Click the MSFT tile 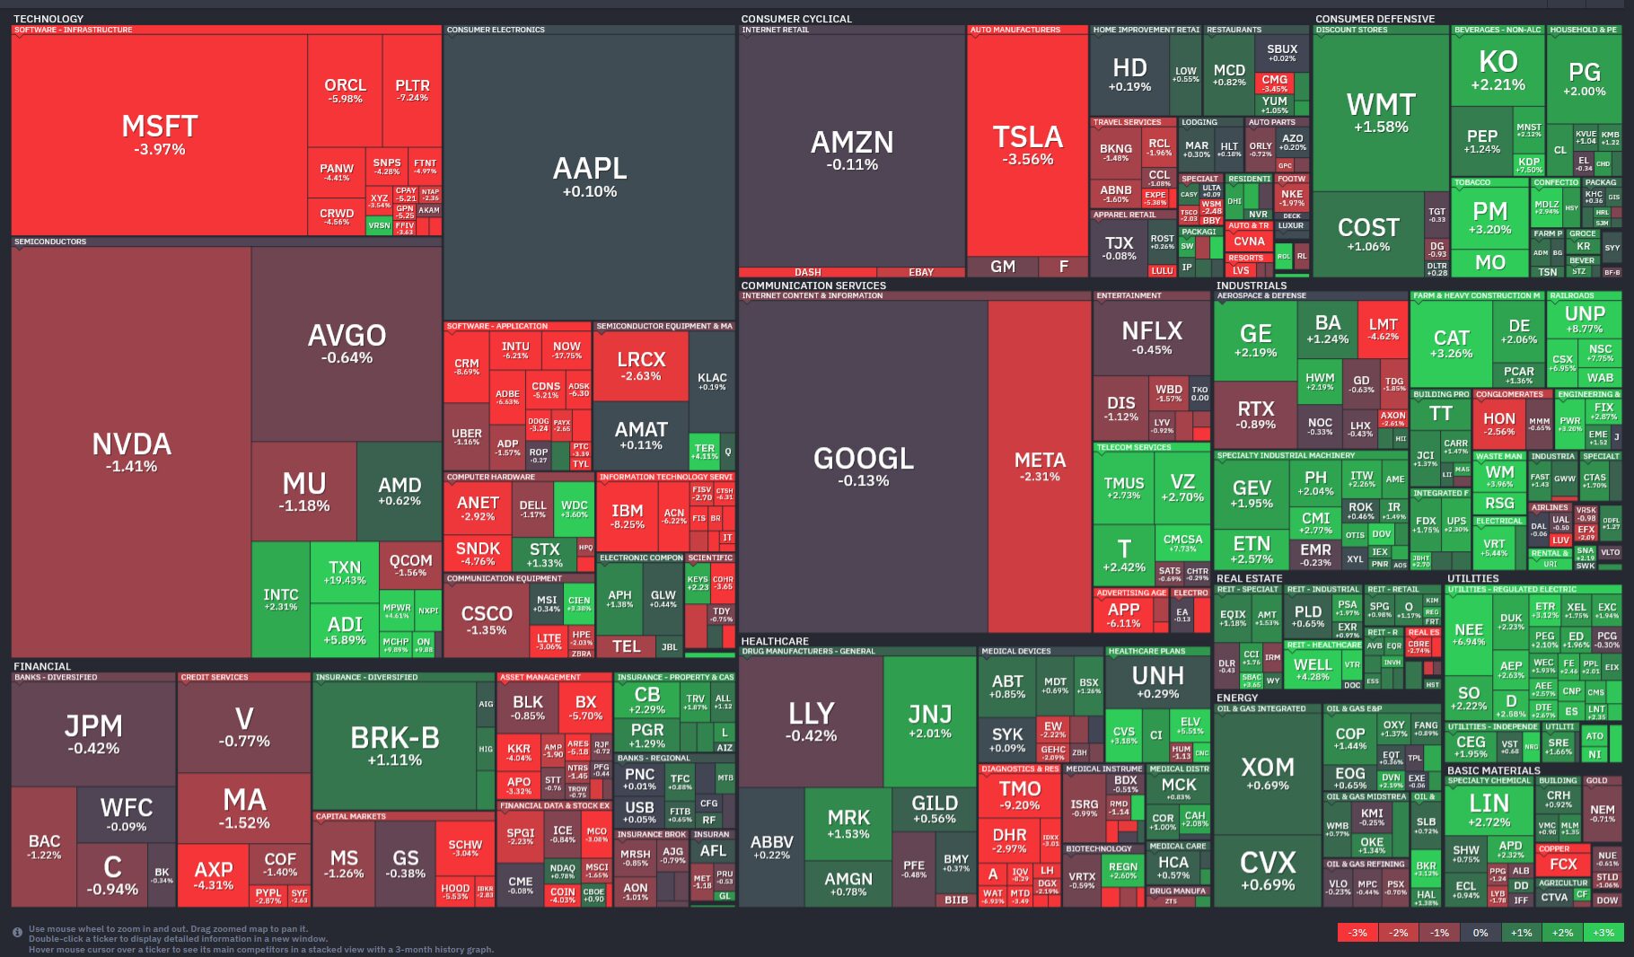pos(159,135)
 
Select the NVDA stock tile pos(131,452)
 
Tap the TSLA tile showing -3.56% pos(1027,144)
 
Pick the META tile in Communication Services pos(1039,466)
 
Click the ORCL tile pos(345,90)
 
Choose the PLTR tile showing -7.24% pos(412,90)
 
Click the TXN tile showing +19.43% pos(345,572)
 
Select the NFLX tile pos(1151,337)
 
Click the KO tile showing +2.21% pos(1498,70)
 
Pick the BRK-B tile pos(394,744)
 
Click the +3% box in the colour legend pos(1603,933)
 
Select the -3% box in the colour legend pos(1357,933)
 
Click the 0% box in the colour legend pos(1480,933)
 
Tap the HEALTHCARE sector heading pos(775,641)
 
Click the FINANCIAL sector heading pos(42,666)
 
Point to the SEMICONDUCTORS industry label pos(50,241)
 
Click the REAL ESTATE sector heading pos(1249,578)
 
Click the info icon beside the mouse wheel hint pos(17,933)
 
